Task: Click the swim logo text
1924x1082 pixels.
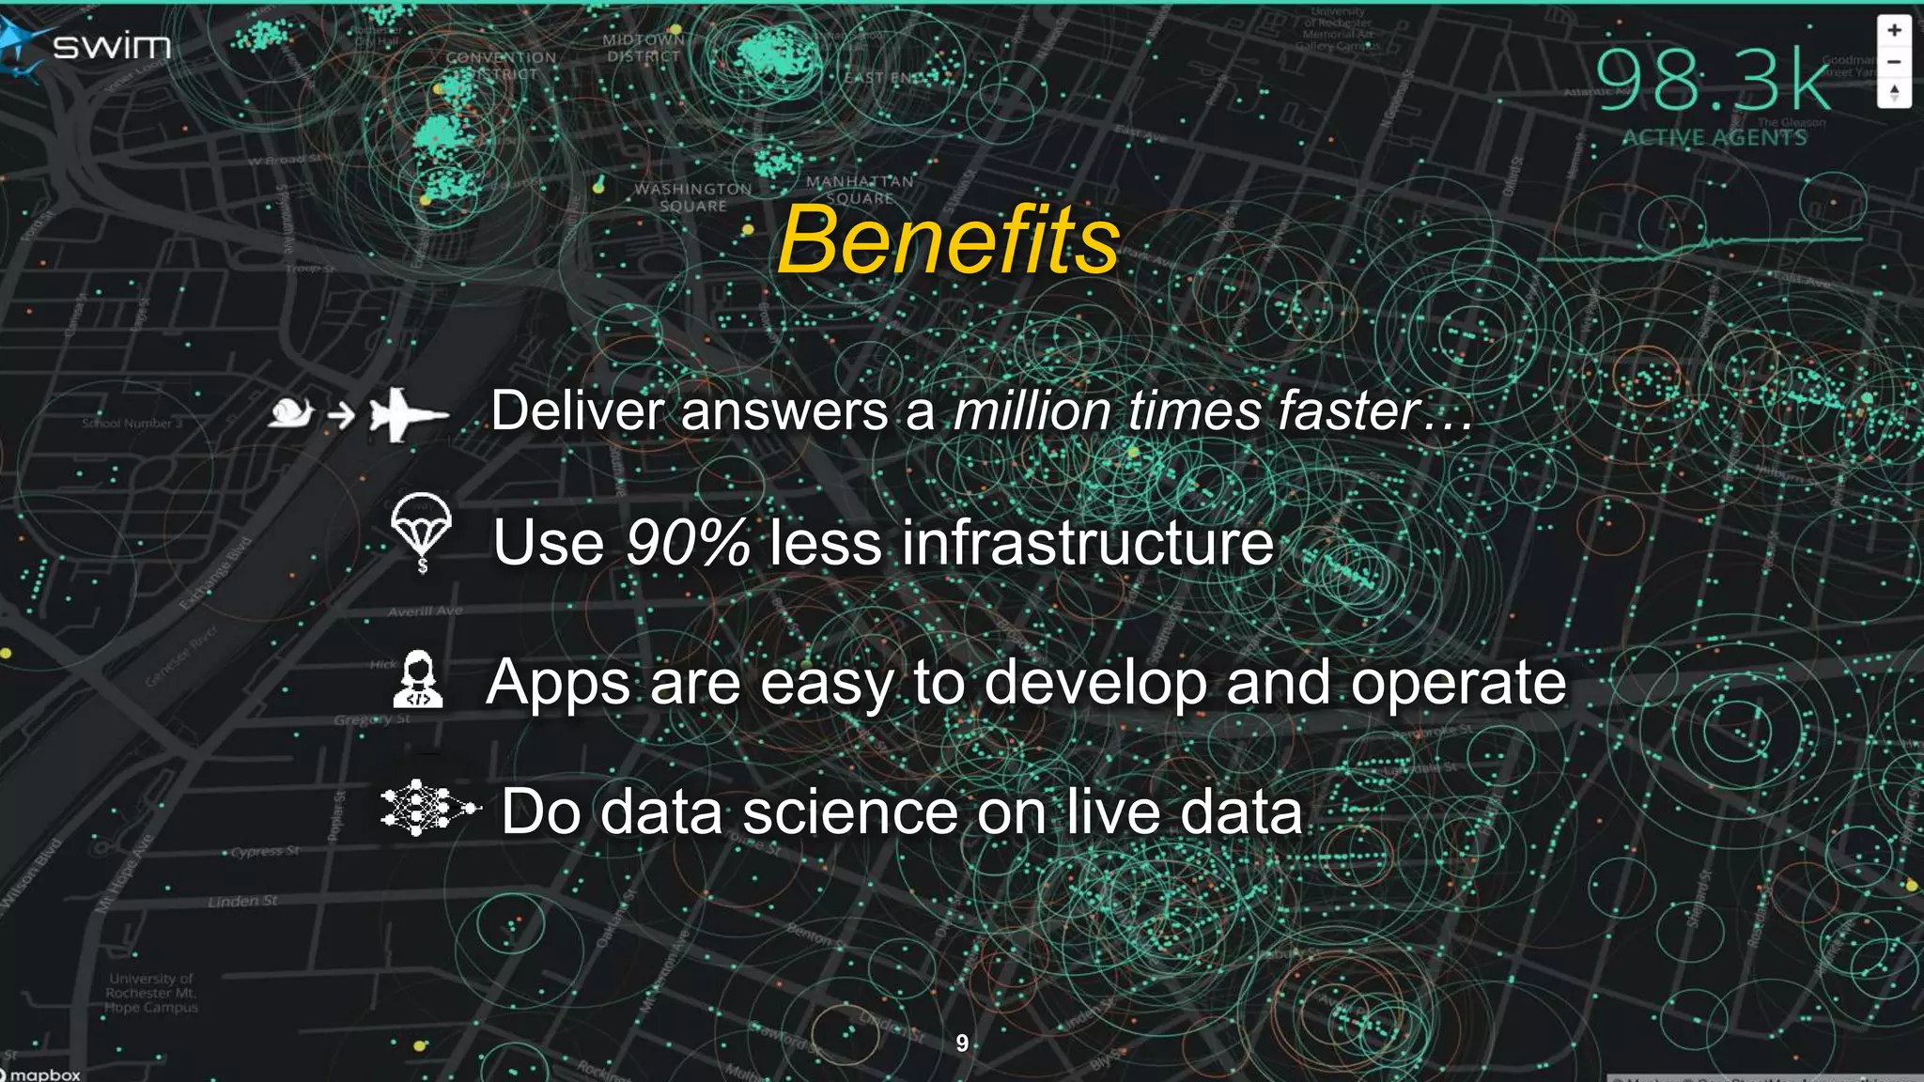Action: tap(111, 45)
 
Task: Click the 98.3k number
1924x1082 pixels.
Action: tap(1713, 81)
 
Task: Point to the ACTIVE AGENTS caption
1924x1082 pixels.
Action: tap(1715, 138)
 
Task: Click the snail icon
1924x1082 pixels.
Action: tap(290, 411)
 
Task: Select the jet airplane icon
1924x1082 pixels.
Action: tap(406, 413)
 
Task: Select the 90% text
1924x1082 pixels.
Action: tap(688, 543)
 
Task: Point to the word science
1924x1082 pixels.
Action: tap(849, 811)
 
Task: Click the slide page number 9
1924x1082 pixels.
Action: tap(962, 1043)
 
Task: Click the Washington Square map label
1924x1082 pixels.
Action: tap(693, 197)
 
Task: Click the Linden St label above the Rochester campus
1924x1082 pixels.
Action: tap(242, 902)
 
